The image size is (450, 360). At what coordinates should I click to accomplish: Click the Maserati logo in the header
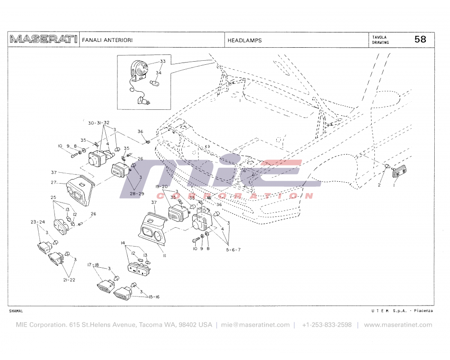pyautogui.click(x=43, y=40)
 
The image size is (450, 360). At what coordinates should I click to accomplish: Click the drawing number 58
pyautogui.click(x=420, y=40)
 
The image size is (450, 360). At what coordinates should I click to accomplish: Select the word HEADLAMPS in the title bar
pyautogui.click(x=244, y=40)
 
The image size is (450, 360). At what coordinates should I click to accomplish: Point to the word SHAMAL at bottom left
pyautogui.click(x=16, y=311)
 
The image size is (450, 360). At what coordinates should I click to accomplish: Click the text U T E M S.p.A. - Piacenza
pyautogui.click(x=402, y=311)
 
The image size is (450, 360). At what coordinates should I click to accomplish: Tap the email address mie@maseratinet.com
pyautogui.click(x=255, y=325)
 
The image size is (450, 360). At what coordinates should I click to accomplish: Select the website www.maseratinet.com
pyautogui.click(x=398, y=325)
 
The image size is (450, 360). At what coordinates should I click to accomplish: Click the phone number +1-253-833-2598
pyautogui.click(x=327, y=325)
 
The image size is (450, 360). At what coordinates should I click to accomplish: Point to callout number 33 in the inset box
pyautogui.click(x=162, y=61)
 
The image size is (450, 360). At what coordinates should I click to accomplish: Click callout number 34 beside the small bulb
pyautogui.click(x=159, y=72)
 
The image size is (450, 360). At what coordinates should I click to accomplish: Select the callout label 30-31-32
pyautogui.click(x=99, y=123)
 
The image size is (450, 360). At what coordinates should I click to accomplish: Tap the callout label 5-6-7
pyautogui.click(x=234, y=249)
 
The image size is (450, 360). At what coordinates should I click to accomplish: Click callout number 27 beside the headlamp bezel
pyautogui.click(x=54, y=183)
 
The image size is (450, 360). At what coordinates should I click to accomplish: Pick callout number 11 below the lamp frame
pyautogui.click(x=165, y=256)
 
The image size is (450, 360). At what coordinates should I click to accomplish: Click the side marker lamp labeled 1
pyautogui.click(x=399, y=172)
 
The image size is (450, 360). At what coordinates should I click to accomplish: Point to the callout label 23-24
pyautogui.click(x=37, y=222)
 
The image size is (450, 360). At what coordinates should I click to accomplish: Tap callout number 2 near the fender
pyautogui.click(x=379, y=185)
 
